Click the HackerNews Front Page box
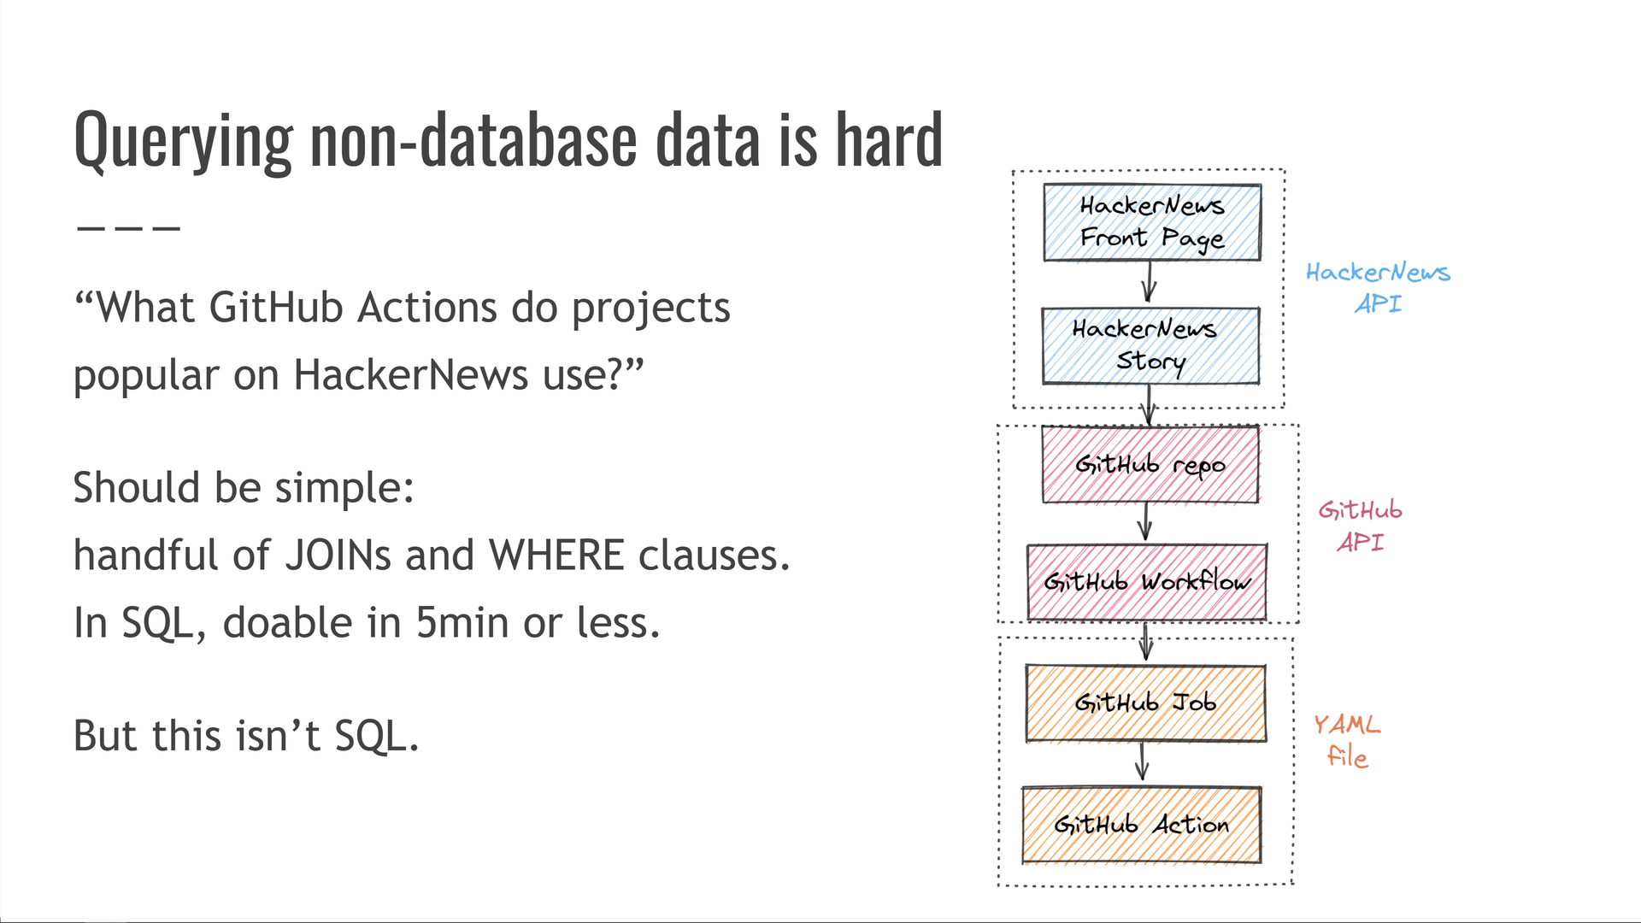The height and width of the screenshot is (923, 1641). coord(1151,222)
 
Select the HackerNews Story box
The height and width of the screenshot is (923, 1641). coord(1150,345)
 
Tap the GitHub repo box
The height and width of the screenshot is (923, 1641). coord(1150,465)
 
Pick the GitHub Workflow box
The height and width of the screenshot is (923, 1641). coord(1147,582)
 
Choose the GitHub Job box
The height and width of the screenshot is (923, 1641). coord(1145,703)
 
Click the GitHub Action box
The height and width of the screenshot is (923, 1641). coord(1142,825)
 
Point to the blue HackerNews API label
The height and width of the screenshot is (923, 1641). coord(1378,288)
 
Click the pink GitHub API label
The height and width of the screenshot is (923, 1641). coord(1360,526)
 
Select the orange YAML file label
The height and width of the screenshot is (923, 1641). coord(1347,740)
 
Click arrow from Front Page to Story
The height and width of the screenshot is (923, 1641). coord(1149,282)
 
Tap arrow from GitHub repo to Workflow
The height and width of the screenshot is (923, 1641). coord(1146,521)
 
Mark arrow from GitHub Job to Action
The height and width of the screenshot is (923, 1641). coord(1143,761)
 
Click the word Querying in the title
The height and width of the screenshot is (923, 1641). coord(184,141)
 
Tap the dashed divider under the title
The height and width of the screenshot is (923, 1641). coord(128,229)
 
